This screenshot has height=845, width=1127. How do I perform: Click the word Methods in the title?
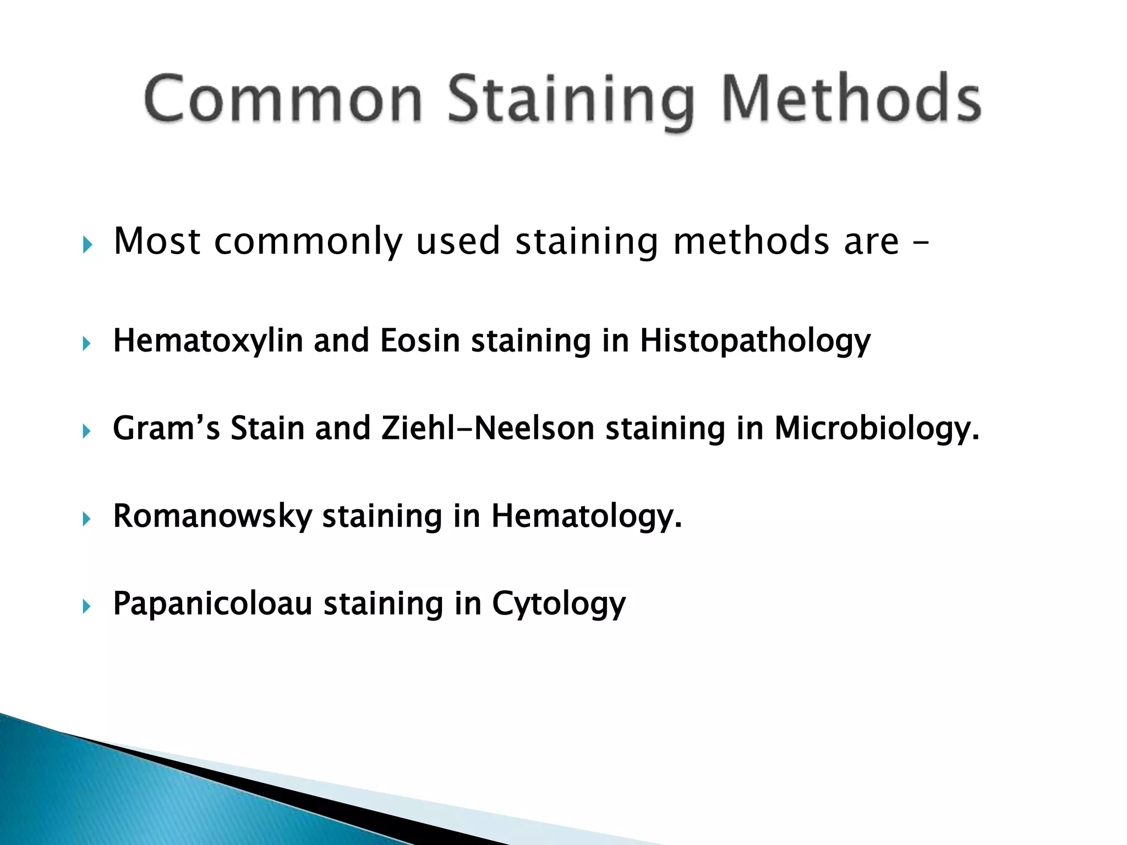(851, 100)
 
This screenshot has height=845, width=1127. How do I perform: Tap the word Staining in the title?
(570, 102)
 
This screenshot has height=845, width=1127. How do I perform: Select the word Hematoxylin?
(208, 341)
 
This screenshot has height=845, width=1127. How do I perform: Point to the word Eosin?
(420, 341)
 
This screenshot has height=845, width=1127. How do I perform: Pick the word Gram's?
(166, 428)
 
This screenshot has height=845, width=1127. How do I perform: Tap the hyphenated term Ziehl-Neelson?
(488, 428)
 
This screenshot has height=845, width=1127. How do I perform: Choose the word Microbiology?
(877, 429)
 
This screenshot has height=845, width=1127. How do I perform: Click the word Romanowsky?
(212, 516)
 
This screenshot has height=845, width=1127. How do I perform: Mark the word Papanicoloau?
(212, 603)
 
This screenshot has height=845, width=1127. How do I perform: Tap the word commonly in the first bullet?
(308, 242)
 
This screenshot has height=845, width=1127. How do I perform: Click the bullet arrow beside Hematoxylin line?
(86, 344)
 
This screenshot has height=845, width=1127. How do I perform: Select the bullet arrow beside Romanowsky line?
(86, 519)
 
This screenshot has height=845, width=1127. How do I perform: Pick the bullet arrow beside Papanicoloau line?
(86, 607)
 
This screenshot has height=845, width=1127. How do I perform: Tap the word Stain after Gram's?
(267, 428)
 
